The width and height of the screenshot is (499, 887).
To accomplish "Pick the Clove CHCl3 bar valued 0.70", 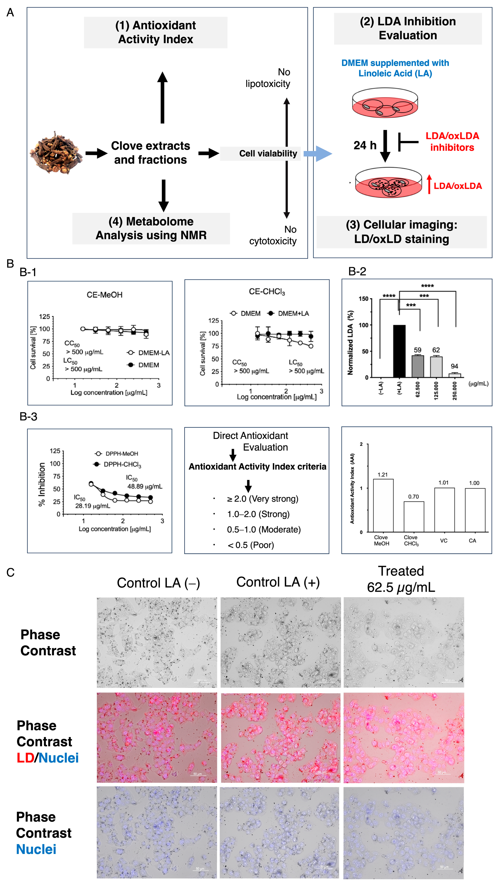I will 414,517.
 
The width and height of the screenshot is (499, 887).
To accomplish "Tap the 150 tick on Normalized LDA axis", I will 363,298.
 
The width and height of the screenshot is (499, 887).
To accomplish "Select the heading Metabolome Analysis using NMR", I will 151,228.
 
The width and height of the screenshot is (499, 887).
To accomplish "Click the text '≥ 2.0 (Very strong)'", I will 262,499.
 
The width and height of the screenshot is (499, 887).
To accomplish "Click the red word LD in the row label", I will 25,758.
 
